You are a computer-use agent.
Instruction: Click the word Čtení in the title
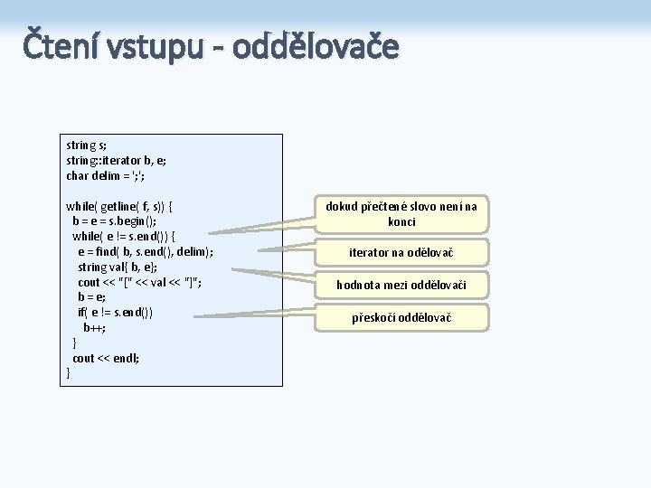pyautogui.click(x=61, y=46)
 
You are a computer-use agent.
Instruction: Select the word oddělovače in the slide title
pyautogui.click(x=315, y=46)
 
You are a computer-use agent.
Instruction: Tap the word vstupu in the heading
pyautogui.click(x=156, y=48)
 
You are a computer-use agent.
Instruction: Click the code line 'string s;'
pyautogui.click(x=87, y=145)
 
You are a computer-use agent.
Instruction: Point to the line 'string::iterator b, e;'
pyautogui.click(x=116, y=160)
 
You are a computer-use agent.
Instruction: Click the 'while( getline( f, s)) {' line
pyautogui.click(x=119, y=206)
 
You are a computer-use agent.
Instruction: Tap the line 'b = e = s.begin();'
pyautogui.click(x=114, y=221)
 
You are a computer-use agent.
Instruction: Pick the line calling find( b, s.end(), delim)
pyautogui.click(x=146, y=252)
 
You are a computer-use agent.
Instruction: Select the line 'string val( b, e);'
pyautogui.click(x=118, y=267)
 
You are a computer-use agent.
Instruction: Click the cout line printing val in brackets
pyautogui.click(x=140, y=283)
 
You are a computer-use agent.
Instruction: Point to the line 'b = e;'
pyautogui.click(x=91, y=297)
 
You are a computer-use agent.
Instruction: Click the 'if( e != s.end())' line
pyautogui.click(x=115, y=313)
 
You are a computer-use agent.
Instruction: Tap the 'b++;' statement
pyautogui.click(x=94, y=328)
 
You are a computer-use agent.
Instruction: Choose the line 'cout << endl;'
pyautogui.click(x=106, y=359)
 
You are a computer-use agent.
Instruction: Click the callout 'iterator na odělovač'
pyautogui.click(x=401, y=252)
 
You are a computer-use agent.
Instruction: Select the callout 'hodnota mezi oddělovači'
pyautogui.click(x=401, y=286)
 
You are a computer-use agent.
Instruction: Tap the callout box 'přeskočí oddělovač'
pyautogui.click(x=401, y=317)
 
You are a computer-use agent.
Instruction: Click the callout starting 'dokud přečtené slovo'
pyautogui.click(x=401, y=214)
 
